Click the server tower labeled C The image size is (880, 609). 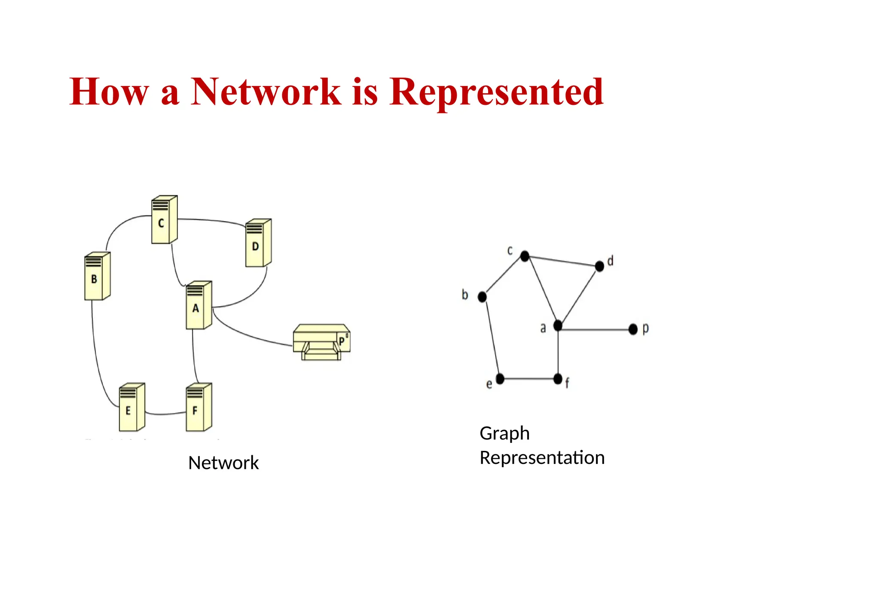coord(164,220)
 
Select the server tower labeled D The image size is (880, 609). coord(258,243)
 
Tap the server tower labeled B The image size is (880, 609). coord(97,276)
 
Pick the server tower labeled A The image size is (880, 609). coord(199,305)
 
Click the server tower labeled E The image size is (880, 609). coord(131,407)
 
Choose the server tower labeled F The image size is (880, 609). coord(199,407)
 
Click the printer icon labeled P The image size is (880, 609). coord(321,342)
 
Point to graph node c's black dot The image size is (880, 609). coord(525,256)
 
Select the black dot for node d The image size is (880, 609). coord(599,266)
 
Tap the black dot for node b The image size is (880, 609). coord(482,297)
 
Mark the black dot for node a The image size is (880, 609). coord(558,326)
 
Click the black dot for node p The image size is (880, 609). coord(633,329)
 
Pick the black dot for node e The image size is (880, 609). coord(500,379)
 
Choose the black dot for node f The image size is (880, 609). coord(558,379)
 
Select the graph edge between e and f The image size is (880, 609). coord(529,379)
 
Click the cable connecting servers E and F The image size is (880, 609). coord(165,414)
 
